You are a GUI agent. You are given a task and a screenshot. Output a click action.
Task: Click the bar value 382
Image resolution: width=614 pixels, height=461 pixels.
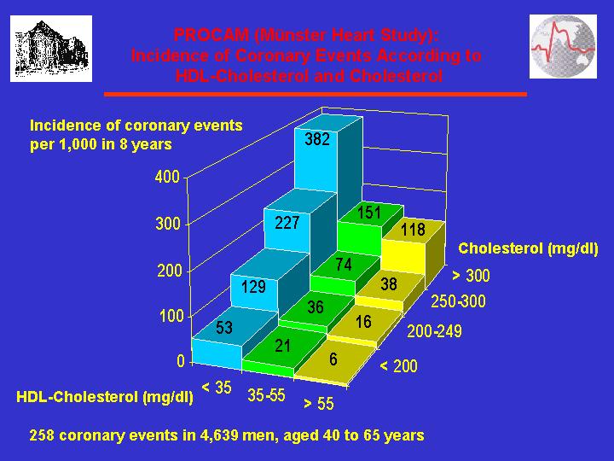coord(317,139)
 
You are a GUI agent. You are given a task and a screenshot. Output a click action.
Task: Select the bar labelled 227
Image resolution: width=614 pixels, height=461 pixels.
coord(287,223)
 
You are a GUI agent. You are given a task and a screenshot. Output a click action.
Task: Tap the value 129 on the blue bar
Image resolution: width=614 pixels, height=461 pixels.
coord(253,287)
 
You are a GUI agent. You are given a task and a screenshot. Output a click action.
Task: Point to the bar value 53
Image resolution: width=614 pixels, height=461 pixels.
coord(224,327)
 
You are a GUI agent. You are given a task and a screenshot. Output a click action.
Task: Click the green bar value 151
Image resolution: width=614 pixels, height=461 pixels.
coord(369,213)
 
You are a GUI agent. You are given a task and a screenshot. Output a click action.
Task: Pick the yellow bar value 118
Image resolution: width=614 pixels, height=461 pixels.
coord(413,230)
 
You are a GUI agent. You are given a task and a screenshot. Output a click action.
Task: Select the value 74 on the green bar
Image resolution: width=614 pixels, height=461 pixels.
coord(344,265)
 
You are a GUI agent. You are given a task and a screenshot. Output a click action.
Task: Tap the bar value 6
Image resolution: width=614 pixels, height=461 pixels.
coord(333,359)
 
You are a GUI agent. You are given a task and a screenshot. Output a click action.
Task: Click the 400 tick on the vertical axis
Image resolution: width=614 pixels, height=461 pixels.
coord(167,177)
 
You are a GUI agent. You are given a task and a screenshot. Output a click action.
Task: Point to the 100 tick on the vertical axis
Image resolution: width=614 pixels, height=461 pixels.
coord(171,316)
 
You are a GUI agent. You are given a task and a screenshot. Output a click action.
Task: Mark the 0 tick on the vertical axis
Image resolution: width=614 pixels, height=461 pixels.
coord(181,361)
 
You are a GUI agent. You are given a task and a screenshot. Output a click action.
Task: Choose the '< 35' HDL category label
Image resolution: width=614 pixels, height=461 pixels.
coord(217,388)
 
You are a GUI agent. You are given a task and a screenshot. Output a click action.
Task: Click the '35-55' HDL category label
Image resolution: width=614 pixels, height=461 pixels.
coord(266,395)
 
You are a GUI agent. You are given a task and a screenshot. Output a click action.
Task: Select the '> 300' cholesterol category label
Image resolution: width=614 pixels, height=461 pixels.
coord(471,276)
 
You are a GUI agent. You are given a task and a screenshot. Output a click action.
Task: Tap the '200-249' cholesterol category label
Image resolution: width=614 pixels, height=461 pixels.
coord(435,331)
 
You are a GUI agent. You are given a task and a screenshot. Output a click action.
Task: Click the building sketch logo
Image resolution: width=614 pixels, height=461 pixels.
coord(51,49)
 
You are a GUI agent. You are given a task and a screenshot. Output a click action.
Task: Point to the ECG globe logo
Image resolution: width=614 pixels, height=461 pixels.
coord(563,47)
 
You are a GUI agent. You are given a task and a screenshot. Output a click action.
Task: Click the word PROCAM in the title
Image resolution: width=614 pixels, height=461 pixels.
coord(211,35)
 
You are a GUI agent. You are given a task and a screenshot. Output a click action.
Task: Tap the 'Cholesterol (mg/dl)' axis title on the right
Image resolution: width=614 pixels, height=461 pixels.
coord(528,248)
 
